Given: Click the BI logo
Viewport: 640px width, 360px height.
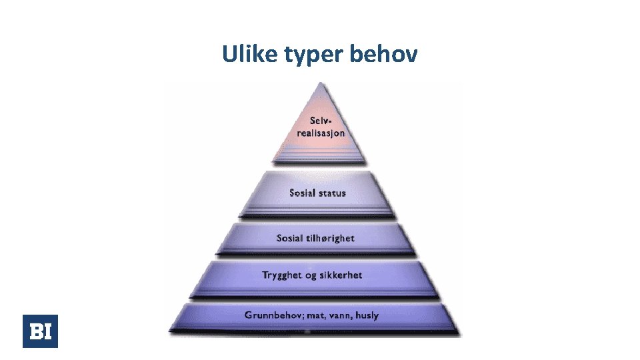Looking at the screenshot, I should (40, 331).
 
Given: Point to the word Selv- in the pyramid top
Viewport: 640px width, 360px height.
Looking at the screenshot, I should (319, 121).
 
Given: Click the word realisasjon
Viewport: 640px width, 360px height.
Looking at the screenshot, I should (321, 132).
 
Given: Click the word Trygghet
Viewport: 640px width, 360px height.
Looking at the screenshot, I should (283, 275).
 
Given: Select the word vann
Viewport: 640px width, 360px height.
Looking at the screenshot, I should (341, 315).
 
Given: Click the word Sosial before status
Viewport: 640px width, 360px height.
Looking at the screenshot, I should (303, 193).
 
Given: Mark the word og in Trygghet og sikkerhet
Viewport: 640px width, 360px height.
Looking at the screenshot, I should (311, 275).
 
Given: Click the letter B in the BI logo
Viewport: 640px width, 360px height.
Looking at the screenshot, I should (35, 331).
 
